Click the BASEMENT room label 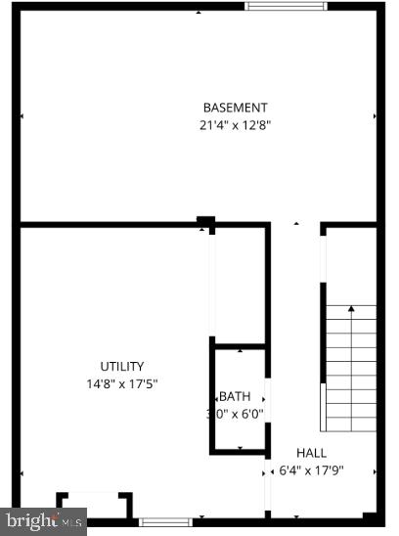click(x=235, y=108)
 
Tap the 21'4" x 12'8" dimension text click(x=235, y=124)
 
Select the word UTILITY click(x=122, y=367)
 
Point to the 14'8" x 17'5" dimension click(x=122, y=383)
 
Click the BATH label click(x=235, y=396)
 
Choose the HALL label click(x=312, y=453)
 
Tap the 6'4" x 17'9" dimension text click(x=312, y=469)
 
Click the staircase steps click(x=351, y=372)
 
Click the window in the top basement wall click(x=286, y=6)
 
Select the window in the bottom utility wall click(x=164, y=521)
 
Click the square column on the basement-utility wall click(x=205, y=221)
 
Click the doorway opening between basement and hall click(x=294, y=226)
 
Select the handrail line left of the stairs click(x=323, y=333)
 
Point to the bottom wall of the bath click(x=239, y=453)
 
